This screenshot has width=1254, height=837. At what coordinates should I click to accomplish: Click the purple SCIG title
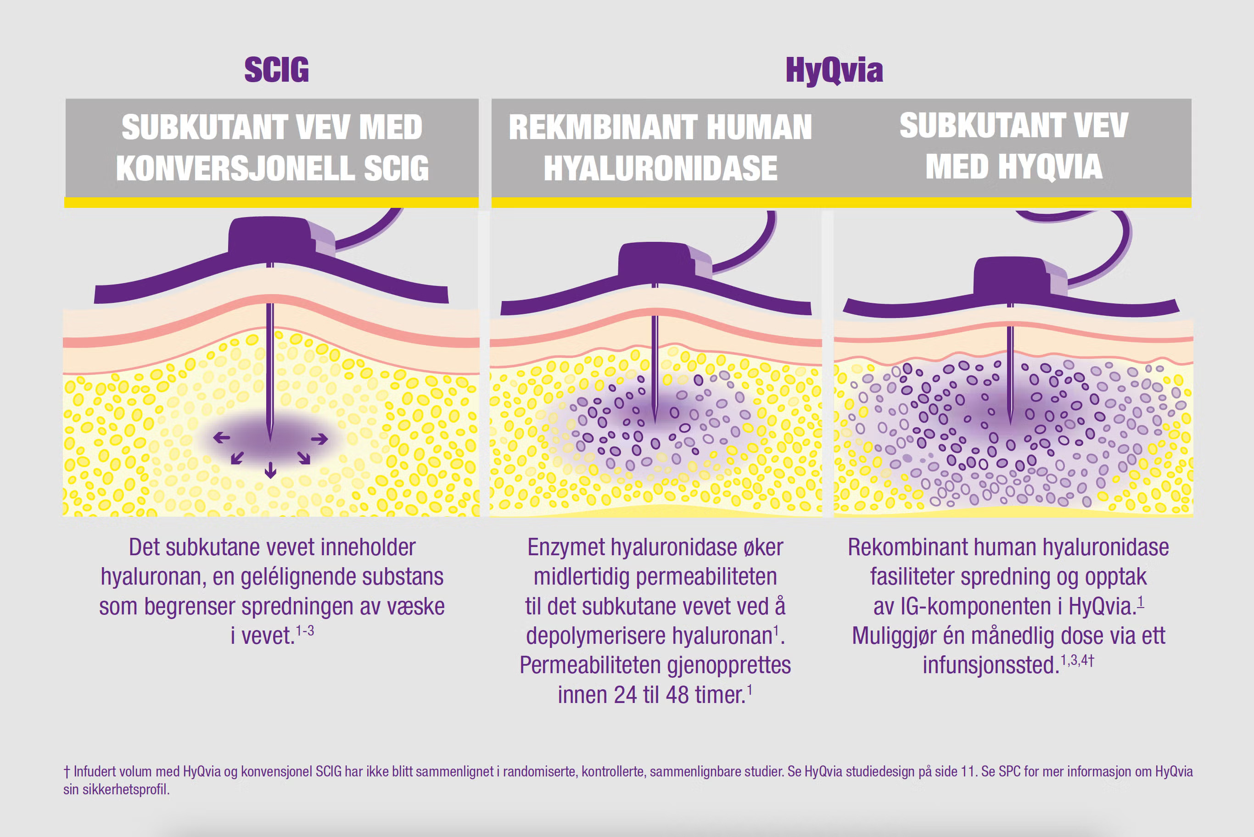point(276,70)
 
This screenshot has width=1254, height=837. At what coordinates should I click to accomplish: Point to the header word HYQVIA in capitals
point(1050,167)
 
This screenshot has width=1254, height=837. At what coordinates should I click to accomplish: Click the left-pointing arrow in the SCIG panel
point(222,438)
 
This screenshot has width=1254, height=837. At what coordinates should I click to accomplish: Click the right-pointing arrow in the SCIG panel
point(320,439)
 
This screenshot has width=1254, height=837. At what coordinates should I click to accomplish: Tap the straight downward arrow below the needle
point(271,470)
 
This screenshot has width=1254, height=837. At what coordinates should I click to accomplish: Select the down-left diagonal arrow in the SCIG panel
point(237,458)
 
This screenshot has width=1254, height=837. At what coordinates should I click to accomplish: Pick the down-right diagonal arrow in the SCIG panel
point(304,458)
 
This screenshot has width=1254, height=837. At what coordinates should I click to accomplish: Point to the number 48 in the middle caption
point(677,695)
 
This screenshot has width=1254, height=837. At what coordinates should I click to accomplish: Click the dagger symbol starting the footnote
point(67,772)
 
